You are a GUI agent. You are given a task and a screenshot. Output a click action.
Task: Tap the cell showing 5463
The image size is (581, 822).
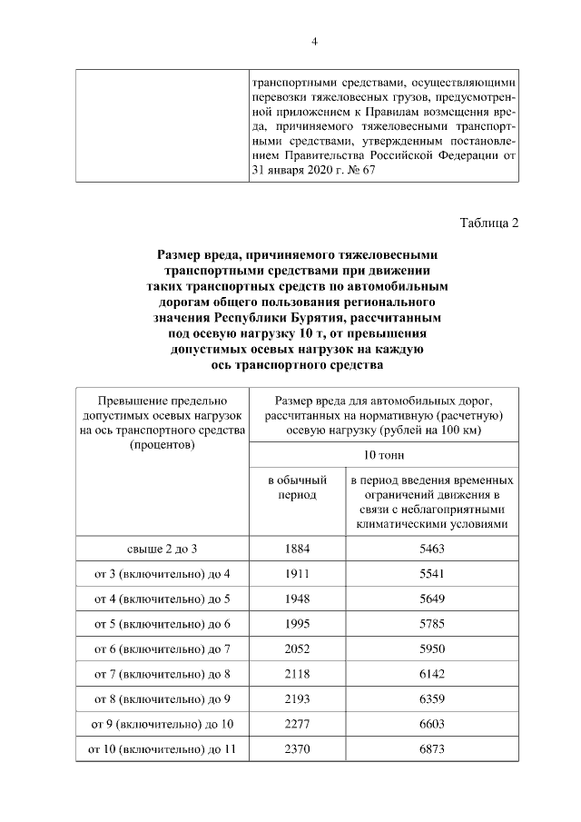click(x=432, y=550)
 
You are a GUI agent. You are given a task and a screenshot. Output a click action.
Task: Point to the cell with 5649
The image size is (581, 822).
click(x=432, y=599)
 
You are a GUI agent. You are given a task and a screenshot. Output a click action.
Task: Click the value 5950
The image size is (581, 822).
click(x=432, y=649)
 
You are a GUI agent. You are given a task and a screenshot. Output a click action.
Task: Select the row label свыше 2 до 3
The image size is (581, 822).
click(x=162, y=550)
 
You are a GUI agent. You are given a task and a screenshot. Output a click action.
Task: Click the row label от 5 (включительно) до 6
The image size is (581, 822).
click(x=162, y=624)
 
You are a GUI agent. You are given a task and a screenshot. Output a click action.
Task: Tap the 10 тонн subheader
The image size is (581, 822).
click(x=383, y=455)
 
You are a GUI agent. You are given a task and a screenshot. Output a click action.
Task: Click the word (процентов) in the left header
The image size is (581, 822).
click(x=162, y=445)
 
